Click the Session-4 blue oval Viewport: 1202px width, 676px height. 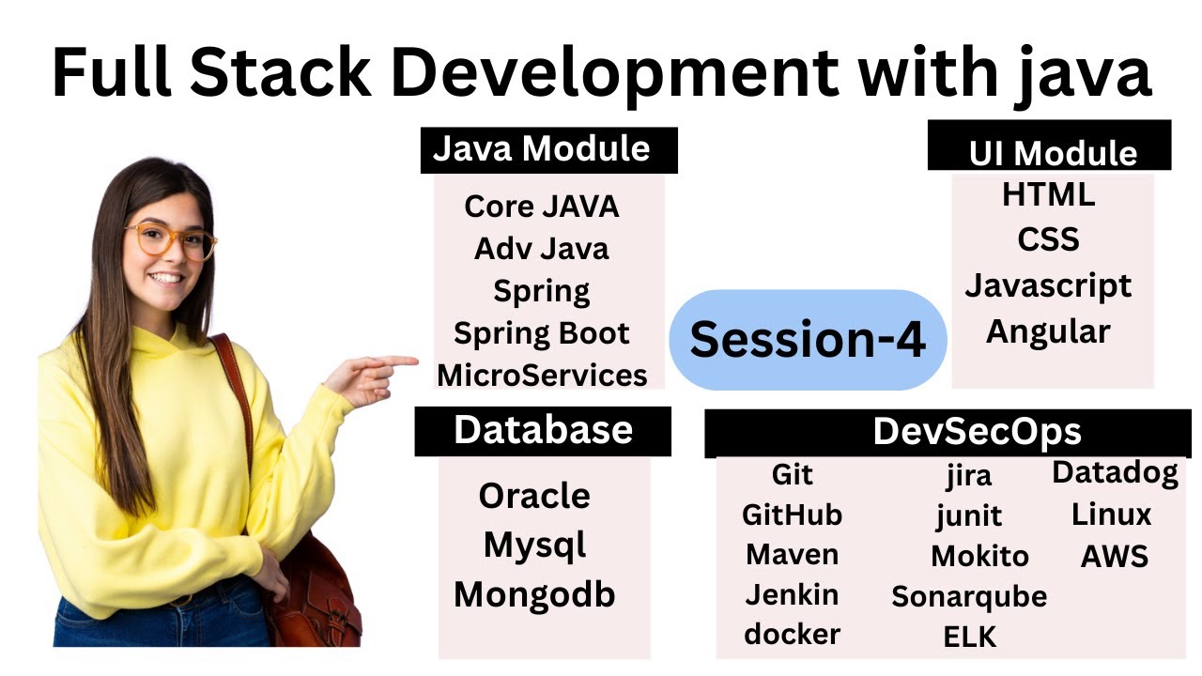[x=808, y=340]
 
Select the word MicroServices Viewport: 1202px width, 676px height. [x=542, y=376]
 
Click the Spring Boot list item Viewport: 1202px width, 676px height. [x=542, y=333]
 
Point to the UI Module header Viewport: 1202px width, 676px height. [x=1052, y=152]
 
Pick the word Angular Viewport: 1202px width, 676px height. [x=1048, y=330]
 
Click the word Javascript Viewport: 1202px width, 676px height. [x=1048, y=285]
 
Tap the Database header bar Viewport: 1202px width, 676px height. [x=543, y=430]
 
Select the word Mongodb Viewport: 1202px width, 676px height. [x=534, y=593]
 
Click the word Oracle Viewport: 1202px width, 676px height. [x=534, y=496]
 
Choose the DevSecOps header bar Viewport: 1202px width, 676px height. [x=977, y=432]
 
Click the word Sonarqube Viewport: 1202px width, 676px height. [x=968, y=596]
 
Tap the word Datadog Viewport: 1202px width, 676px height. [x=1115, y=472]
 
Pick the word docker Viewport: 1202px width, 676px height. [x=792, y=634]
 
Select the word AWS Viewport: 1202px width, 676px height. [x=1115, y=556]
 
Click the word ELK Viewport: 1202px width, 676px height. [x=968, y=638]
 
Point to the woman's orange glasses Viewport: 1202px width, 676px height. [x=171, y=239]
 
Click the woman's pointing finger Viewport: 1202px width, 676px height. [x=399, y=361]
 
